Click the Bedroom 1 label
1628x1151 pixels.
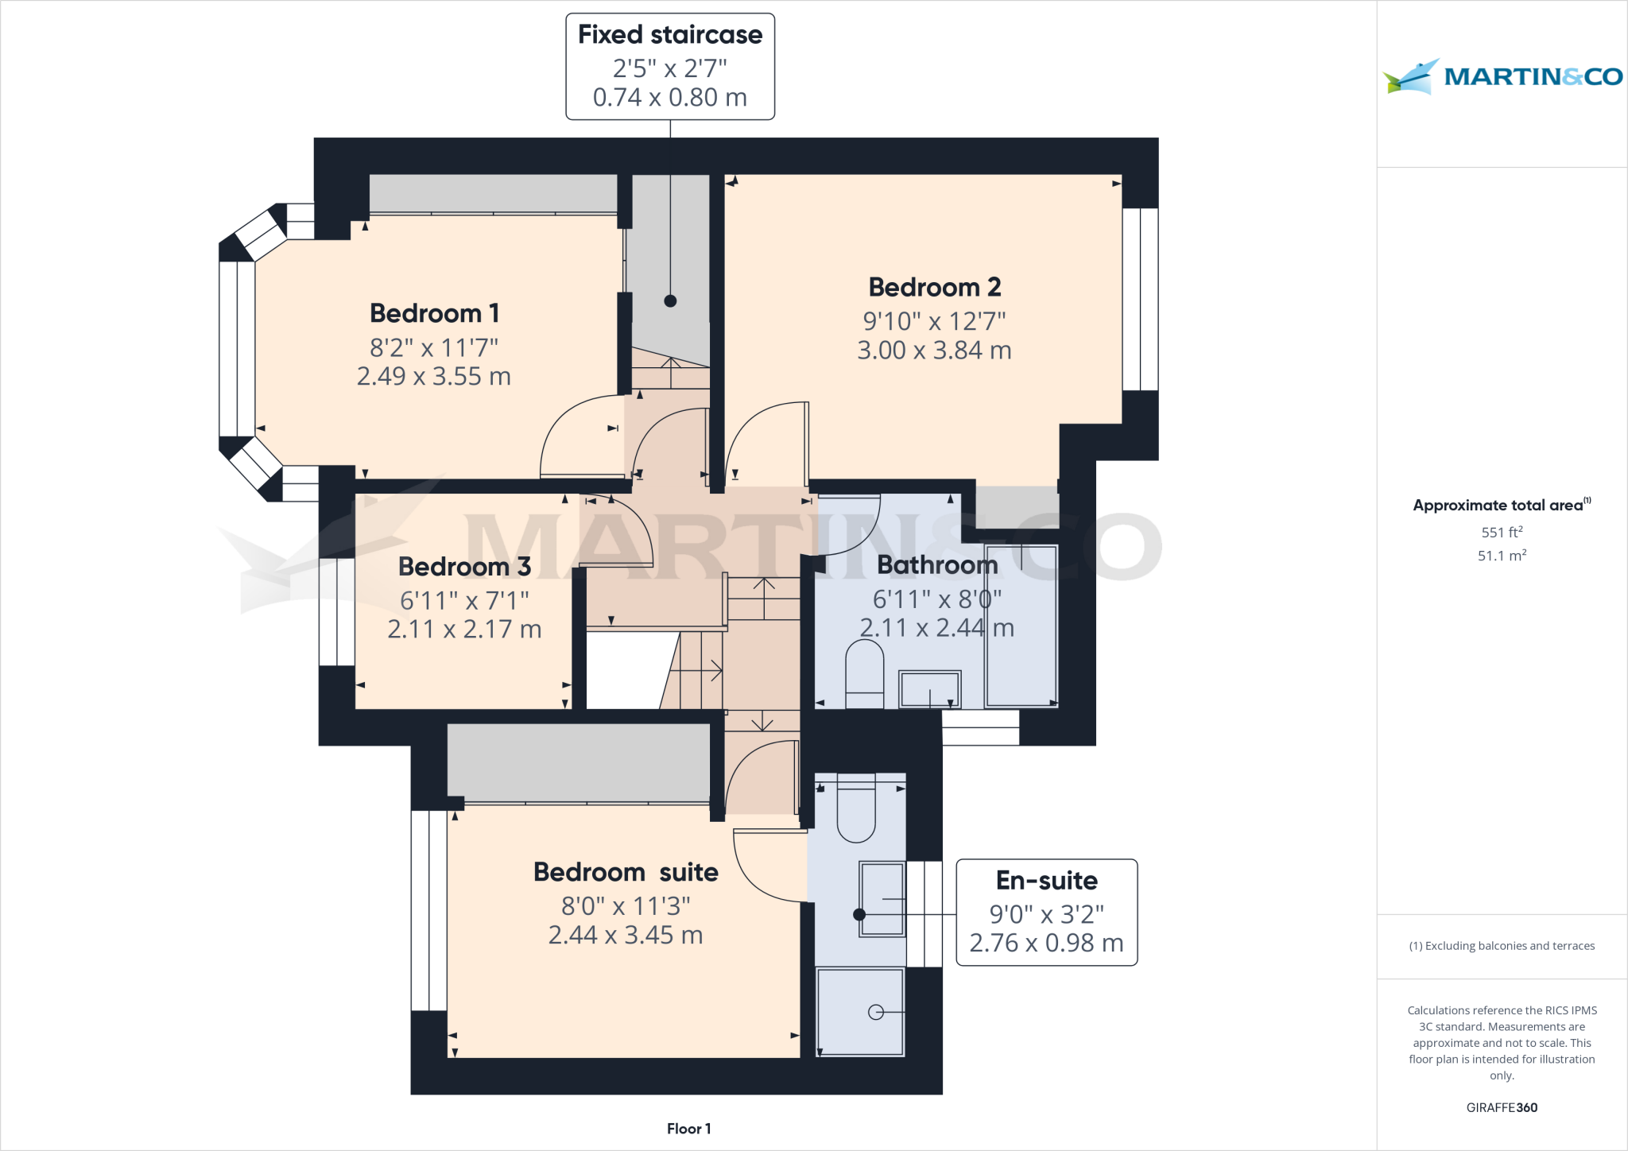point(434,313)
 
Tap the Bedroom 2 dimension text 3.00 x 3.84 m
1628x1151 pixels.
point(934,351)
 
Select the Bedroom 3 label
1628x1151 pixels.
point(464,567)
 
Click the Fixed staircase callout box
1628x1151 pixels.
point(670,67)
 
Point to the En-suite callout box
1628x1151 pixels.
point(1046,913)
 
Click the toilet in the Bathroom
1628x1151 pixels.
point(864,674)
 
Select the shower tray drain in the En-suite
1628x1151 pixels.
point(876,1012)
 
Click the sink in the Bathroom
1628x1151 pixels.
point(929,689)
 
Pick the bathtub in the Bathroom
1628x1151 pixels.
point(1021,626)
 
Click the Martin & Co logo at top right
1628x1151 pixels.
point(1502,76)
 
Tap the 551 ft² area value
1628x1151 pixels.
point(1502,533)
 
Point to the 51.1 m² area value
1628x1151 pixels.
point(1502,556)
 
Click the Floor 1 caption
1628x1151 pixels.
point(688,1129)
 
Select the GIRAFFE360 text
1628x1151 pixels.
point(1502,1107)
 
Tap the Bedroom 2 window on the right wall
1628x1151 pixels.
point(1140,300)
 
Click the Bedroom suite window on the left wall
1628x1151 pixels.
point(429,910)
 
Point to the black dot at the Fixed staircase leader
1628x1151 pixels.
point(670,301)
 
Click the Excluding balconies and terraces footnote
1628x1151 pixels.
point(1502,946)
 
